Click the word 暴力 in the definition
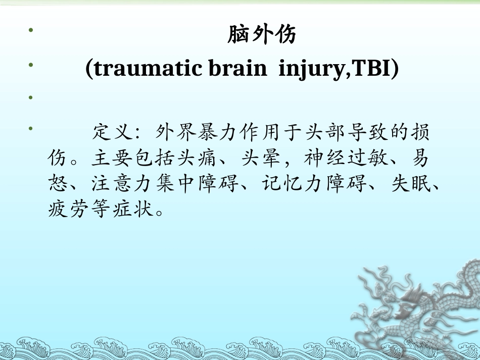(x=220, y=133)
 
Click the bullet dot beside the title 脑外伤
(x=31, y=31)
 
